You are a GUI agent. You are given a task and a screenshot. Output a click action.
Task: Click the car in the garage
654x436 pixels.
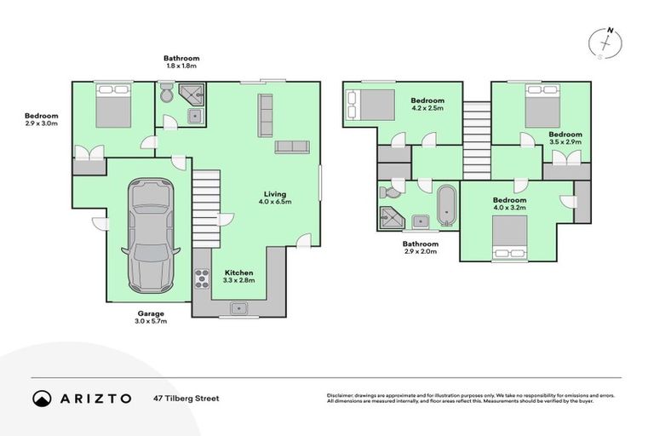click(x=151, y=234)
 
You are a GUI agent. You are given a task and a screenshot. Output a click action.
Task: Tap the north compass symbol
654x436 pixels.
click(x=607, y=43)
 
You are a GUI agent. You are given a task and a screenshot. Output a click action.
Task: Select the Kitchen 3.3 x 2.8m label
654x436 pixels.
click(x=239, y=275)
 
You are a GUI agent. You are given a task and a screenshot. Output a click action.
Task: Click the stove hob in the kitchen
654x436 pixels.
click(x=204, y=277)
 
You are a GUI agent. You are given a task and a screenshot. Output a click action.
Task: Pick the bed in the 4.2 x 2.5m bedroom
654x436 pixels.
click(x=371, y=106)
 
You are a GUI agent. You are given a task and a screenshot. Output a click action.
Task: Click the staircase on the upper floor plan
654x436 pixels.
click(x=477, y=135)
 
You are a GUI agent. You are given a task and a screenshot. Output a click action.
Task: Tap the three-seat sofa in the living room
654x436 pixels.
click(x=265, y=115)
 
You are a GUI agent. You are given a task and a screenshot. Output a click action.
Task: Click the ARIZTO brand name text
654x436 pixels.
click(x=95, y=399)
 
